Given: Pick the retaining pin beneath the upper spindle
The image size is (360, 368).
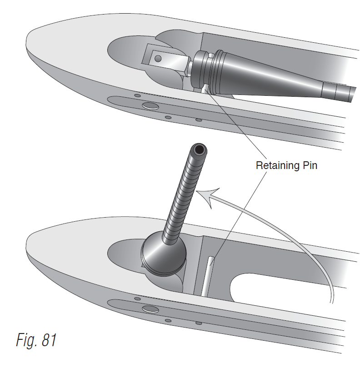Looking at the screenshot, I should (205, 88).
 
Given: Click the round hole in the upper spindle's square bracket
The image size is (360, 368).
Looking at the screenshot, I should (158, 59).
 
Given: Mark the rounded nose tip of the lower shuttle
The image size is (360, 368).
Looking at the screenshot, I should (28, 248).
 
